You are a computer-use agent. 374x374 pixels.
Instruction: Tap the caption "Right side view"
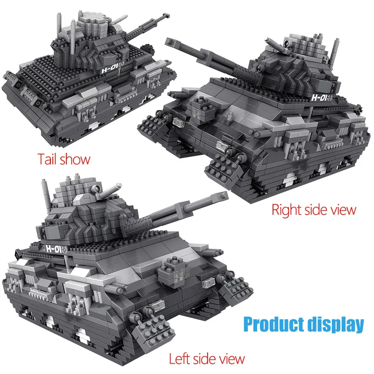tap(314, 210)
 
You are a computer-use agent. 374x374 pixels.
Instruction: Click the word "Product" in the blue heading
tap(270, 324)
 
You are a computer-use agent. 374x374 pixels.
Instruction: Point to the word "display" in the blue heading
tap(336, 324)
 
